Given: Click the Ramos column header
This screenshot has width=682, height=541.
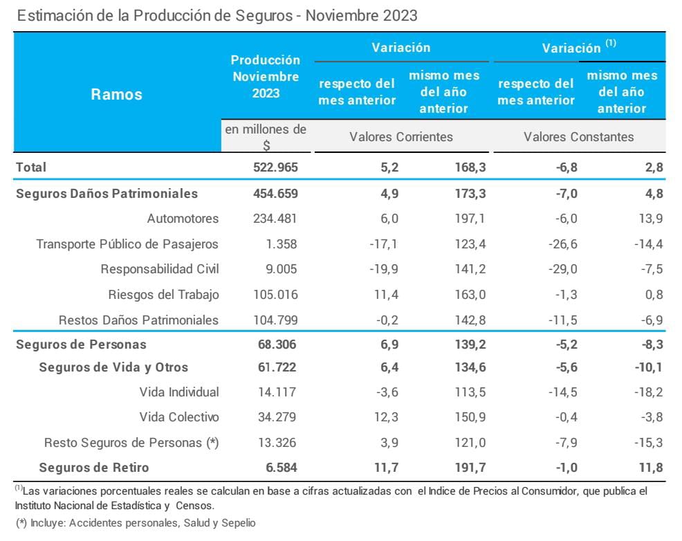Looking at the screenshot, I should (x=116, y=95).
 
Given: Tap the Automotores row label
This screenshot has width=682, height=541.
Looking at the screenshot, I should (x=183, y=219).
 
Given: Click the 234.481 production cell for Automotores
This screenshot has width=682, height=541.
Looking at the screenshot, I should (x=275, y=219).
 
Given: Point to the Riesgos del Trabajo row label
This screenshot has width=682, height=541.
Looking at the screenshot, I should (x=163, y=295).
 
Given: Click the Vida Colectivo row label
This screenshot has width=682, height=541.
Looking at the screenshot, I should (x=179, y=417).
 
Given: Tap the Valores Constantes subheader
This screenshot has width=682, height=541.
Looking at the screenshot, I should (x=578, y=136).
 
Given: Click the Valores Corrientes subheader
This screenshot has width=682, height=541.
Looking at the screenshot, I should (x=401, y=136).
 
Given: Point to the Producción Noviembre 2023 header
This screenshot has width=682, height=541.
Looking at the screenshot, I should (x=266, y=76).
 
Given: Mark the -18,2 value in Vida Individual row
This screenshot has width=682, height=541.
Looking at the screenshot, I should (x=649, y=392).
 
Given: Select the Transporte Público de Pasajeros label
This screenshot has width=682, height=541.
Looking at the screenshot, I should (x=127, y=244).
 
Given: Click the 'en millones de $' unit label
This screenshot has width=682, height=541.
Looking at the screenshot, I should (x=266, y=137).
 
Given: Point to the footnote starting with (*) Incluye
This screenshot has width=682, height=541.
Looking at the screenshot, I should (x=136, y=523).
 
